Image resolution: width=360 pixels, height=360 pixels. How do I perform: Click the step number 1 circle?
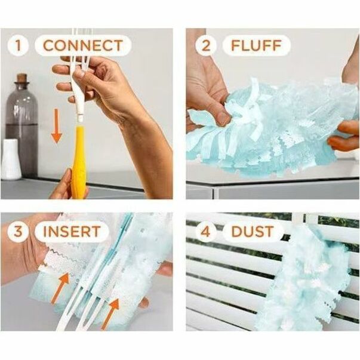pyautogui.click(x=18, y=45)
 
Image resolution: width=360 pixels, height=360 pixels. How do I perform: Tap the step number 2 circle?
pyautogui.click(x=206, y=45)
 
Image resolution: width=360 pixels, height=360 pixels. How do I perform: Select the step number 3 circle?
pyautogui.click(x=18, y=232)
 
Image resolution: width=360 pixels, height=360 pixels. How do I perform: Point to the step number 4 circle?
pyautogui.click(x=206, y=232)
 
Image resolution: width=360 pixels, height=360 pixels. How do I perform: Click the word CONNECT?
pyautogui.click(x=83, y=45)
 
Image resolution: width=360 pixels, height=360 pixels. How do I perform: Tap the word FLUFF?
pyautogui.click(x=256, y=45)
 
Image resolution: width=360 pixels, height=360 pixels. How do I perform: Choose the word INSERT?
pyautogui.click(x=72, y=232)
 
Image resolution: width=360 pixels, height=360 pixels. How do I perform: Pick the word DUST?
pyautogui.click(x=253, y=232)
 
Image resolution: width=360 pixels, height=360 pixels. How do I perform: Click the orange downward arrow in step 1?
pyautogui.click(x=57, y=127)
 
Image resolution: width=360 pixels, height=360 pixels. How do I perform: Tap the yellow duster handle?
pyautogui.click(x=79, y=161)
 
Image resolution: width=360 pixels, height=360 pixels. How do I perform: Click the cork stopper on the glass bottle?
pyautogui.click(x=22, y=78)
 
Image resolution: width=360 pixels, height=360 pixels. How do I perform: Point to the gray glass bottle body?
pyautogui.click(x=22, y=128)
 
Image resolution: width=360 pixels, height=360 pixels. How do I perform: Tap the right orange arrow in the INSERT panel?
pyautogui.click(x=110, y=313)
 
